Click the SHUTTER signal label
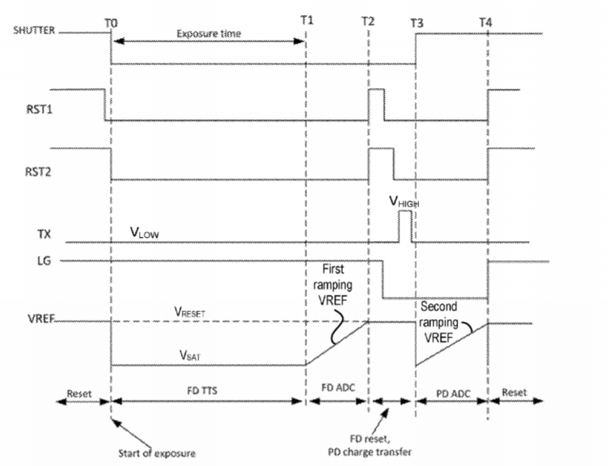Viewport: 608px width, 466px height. (34, 30)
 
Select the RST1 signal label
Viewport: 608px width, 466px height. (39, 109)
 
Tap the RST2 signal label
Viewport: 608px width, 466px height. (38, 171)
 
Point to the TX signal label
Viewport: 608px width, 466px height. (44, 234)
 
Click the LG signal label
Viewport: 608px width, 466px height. (44, 261)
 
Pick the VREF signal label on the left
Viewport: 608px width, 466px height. (40, 319)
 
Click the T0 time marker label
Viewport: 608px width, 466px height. (111, 24)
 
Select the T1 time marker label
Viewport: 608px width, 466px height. (306, 20)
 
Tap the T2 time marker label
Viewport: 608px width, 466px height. (368, 21)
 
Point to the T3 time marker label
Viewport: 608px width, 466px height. (417, 24)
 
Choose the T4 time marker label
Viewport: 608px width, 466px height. (485, 22)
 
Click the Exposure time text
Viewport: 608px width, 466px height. (209, 33)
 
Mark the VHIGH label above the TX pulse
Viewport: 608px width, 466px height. (404, 201)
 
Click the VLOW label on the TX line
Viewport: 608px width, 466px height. (144, 233)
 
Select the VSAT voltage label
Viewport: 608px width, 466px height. (190, 355)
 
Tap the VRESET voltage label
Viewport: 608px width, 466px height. (190, 311)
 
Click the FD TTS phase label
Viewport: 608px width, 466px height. (202, 390)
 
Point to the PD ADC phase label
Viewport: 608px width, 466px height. (453, 394)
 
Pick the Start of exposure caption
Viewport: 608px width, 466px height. (156, 453)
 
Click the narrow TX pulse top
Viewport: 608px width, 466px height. (406, 212)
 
